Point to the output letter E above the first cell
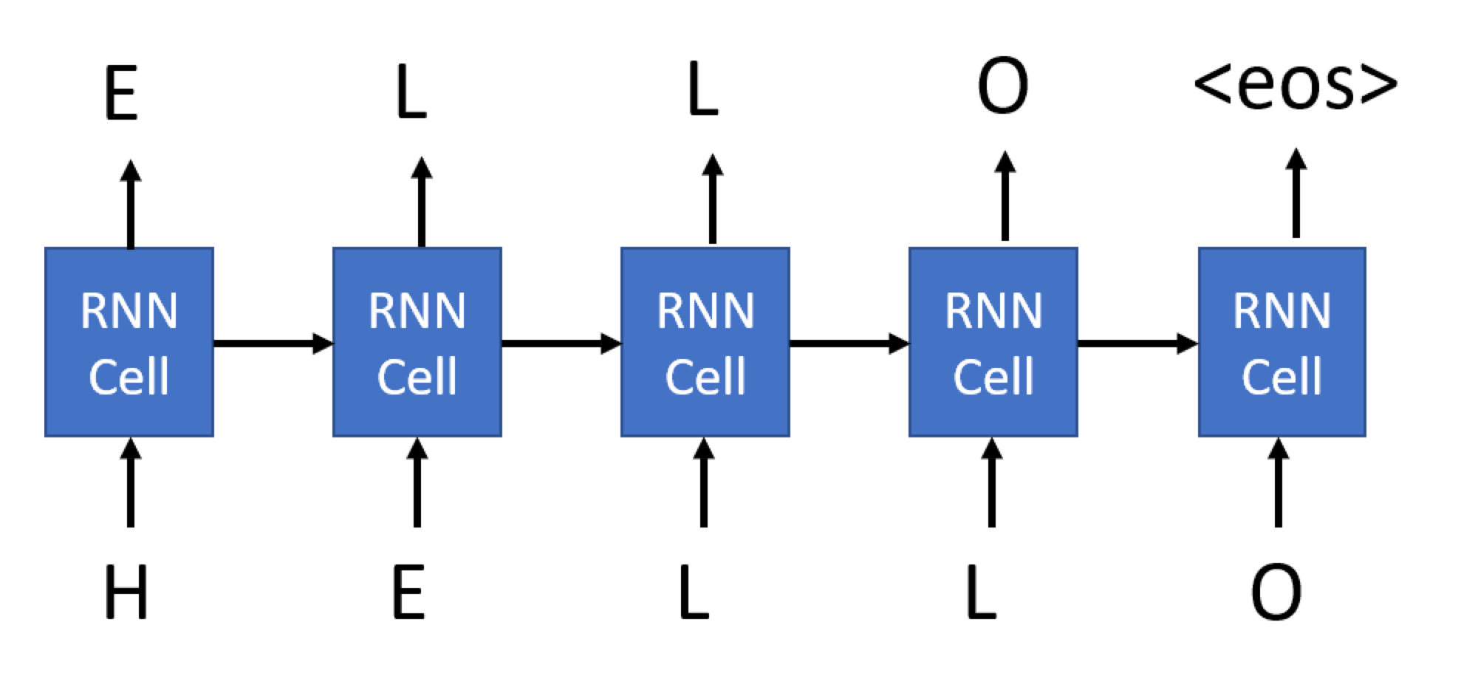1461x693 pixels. [x=121, y=94]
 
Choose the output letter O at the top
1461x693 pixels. [x=1002, y=86]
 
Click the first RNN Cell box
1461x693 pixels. [x=129, y=342]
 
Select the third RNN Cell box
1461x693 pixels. [x=705, y=342]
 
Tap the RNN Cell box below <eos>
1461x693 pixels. [x=1282, y=342]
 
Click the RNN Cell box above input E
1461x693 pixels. [x=417, y=342]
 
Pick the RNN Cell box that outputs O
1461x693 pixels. [x=993, y=342]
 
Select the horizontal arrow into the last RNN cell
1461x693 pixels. [x=1137, y=344]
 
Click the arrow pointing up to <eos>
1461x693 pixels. [x=1296, y=194]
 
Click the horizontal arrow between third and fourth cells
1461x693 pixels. [x=849, y=344]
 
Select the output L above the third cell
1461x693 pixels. [x=702, y=91]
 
